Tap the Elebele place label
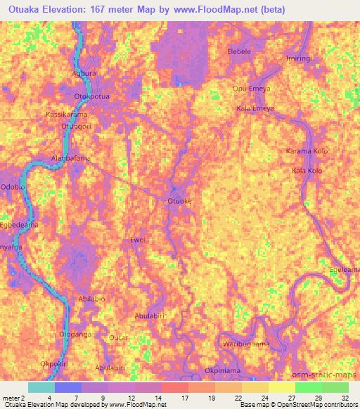point(239,52)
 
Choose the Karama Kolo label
point(307,152)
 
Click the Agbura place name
point(84,72)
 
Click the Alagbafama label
point(71,158)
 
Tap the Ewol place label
point(137,240)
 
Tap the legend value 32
point(345,398)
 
